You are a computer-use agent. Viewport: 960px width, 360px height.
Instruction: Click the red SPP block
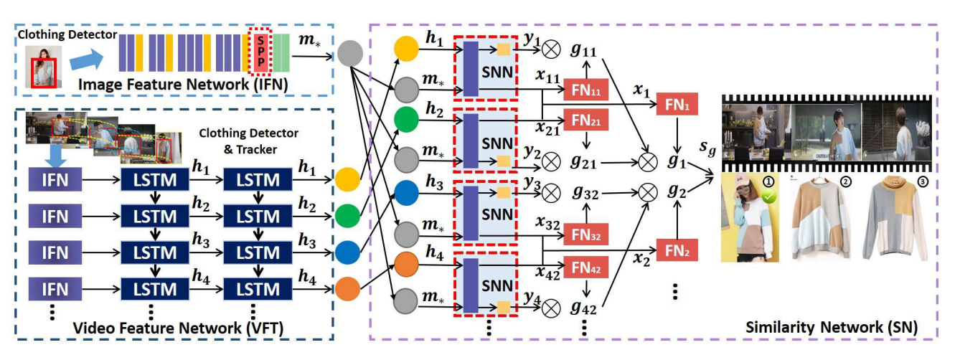coord(260,52)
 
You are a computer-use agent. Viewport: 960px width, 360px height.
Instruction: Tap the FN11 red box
coord(585,90)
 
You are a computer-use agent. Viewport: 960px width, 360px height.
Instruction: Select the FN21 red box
coord(585,120)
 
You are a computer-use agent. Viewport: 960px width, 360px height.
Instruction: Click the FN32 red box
coord(585,233)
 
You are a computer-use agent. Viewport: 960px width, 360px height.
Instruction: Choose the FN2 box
coord(677,250)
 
